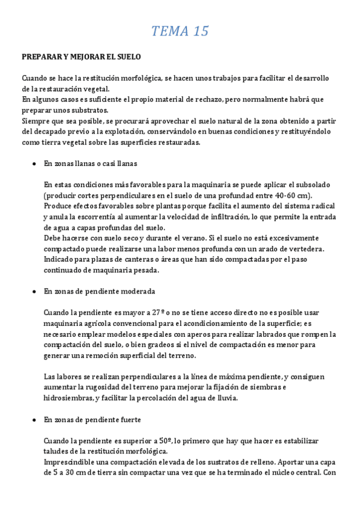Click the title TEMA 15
pos(180,31)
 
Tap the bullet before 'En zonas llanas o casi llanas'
pos(35,164)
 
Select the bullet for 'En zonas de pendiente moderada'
pos(35,291)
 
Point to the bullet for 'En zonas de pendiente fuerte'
pos(35,419)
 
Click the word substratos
pos(91,110)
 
